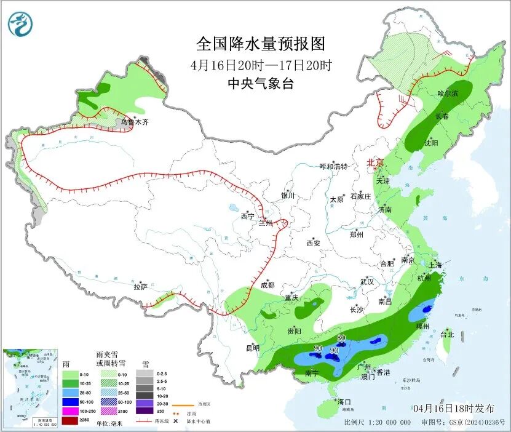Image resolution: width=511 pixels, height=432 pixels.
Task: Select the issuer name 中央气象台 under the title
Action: (260, 84)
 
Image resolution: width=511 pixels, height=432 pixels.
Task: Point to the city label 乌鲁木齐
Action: (135, 122)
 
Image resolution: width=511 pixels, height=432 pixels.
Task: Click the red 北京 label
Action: (375, 163)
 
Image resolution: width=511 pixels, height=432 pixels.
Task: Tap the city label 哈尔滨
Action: (448, 94)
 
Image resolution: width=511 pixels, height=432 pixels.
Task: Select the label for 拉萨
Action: (141, 287)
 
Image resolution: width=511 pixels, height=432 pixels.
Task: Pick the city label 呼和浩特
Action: (333, 167)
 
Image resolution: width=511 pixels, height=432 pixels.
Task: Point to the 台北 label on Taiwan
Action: (447, 335)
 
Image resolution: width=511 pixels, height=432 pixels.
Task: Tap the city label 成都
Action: (267, 285)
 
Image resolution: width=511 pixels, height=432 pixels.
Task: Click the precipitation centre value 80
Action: (341, 338)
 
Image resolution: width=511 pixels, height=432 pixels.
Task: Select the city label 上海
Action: (435, 265)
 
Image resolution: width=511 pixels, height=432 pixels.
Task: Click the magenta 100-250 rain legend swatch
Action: (70, 410)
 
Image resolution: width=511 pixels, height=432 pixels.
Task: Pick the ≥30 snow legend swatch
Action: (145, 411)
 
